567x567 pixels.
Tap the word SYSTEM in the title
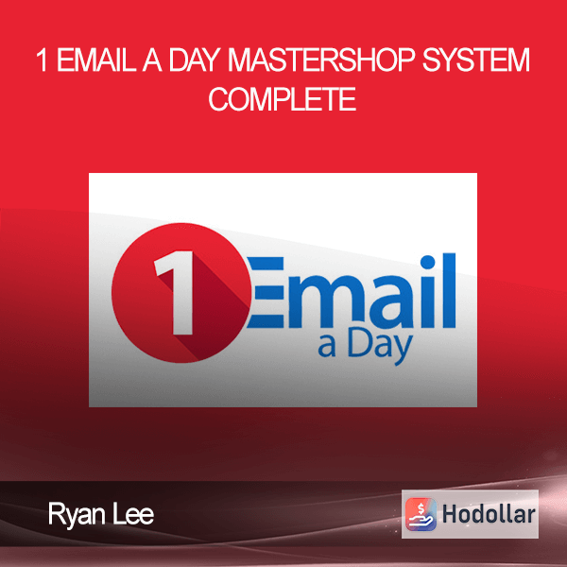[x=476, y=60]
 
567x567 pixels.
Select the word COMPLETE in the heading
[x=283, y=98]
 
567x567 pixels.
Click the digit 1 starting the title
[x=43, y=60]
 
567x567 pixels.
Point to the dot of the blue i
[x=428, y=262]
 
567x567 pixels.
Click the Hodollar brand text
[x=489, y=515]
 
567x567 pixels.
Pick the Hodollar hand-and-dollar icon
[x=421, y=514]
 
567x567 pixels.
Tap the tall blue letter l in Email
[x=449, y=290]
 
